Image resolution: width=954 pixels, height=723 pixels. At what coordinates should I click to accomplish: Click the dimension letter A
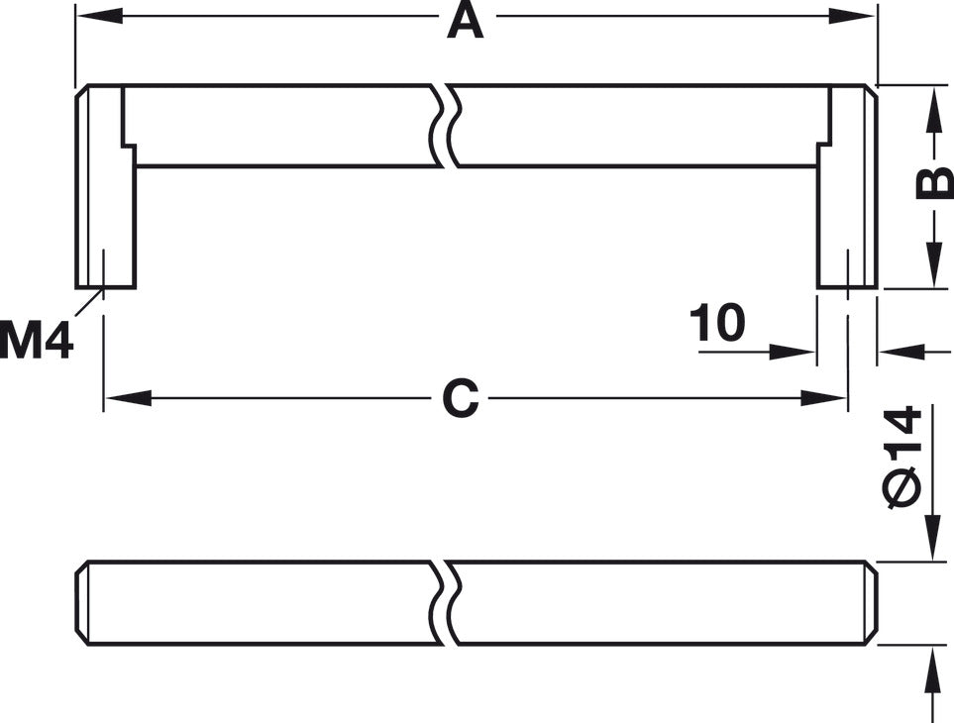pos(466,21)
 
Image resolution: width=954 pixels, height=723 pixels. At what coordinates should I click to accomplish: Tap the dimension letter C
pos(461,399)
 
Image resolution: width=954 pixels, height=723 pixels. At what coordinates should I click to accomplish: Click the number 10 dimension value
pos(716,322)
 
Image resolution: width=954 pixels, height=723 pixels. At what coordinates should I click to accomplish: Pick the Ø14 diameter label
pos(901,457)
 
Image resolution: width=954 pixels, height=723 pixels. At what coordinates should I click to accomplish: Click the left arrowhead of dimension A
pos(98,17)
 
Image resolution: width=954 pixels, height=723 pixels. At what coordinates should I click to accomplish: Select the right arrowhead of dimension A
pos(853,17)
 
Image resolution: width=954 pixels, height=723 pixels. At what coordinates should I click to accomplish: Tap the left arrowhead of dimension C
pos(128,398)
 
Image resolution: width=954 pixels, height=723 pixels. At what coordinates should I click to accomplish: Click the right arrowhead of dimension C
pos(824,398)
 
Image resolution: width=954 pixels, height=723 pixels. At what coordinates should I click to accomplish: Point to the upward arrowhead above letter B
pos(931,110)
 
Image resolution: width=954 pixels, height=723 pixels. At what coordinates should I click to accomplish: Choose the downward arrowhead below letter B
pos(931,263)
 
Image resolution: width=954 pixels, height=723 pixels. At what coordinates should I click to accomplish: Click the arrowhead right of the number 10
pos(793,352)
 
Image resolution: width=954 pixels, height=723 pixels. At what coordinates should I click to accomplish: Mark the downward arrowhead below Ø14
pos(931,537)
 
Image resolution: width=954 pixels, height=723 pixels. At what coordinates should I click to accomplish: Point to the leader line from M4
pos(89,302)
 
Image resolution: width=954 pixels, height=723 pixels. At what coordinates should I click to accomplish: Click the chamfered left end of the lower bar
pos(82,602)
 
